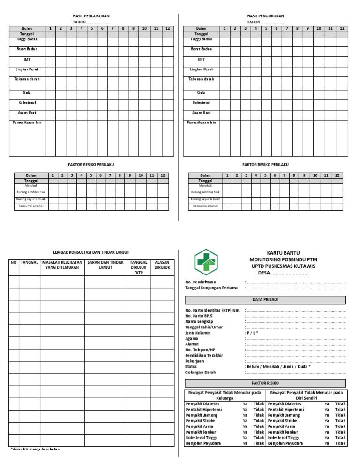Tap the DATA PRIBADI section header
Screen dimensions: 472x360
(x=265, y=300)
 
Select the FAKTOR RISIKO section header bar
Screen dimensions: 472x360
(x=265, y=383)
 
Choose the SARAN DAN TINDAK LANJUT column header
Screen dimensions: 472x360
(x=105, y=265)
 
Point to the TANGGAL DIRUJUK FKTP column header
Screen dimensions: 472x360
(x=138, y=267)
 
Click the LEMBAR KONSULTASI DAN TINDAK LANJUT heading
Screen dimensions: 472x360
(x=91, y=252)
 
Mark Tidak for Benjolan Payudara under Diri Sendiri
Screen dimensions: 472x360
(x=340, y=443)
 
